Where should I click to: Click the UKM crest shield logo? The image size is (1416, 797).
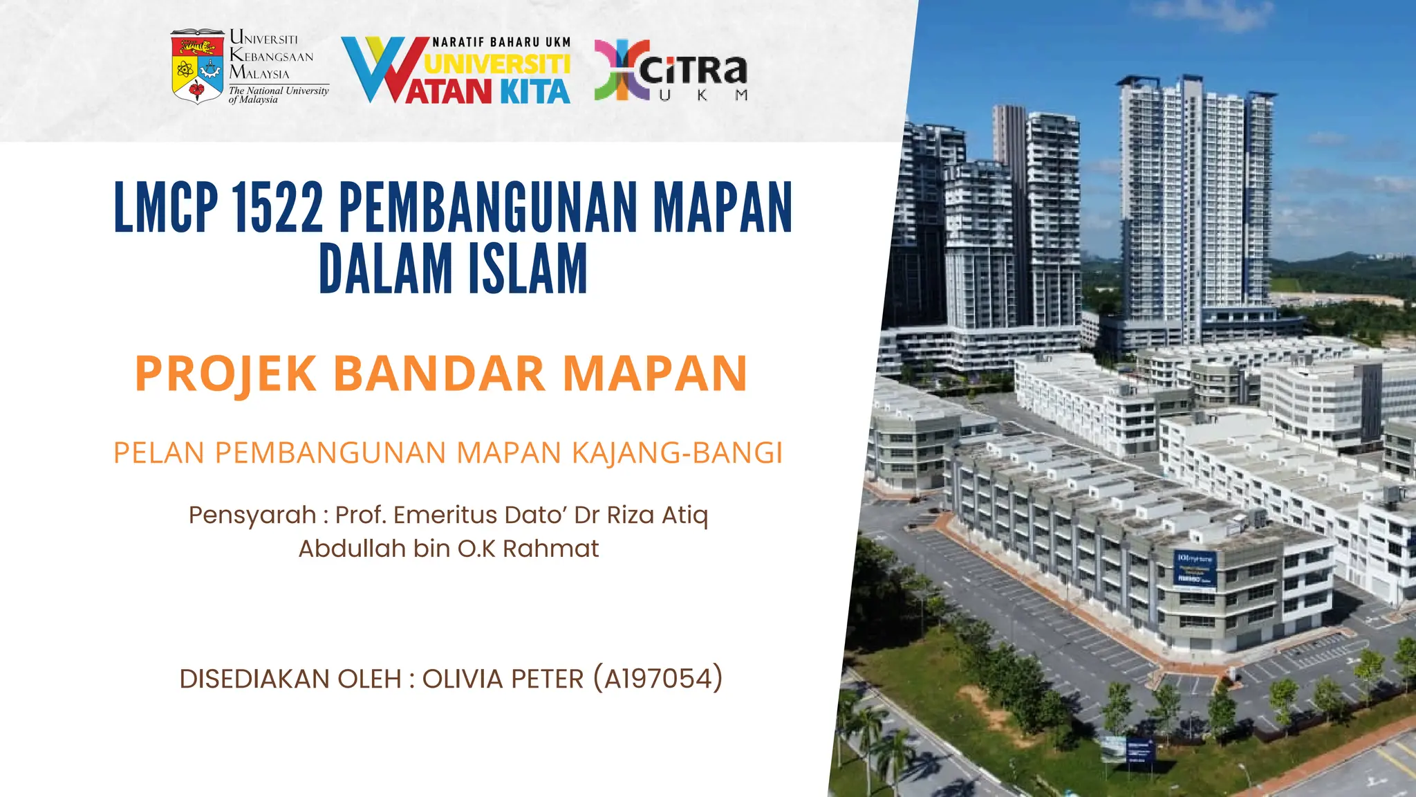(x=197, y=66)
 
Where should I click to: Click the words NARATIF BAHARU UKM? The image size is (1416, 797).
(x=501, y=42)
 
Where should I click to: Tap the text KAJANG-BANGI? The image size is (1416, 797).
(x=677, y=453)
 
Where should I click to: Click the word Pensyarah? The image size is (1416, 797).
(x=252, y=515)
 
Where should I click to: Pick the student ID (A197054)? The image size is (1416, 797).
(x=658, y=679)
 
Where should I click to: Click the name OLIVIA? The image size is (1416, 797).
(x=463, y=679)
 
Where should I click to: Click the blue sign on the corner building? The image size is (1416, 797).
(x=1195, y=569)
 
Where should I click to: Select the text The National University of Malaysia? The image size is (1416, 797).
(x=278, y=95)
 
